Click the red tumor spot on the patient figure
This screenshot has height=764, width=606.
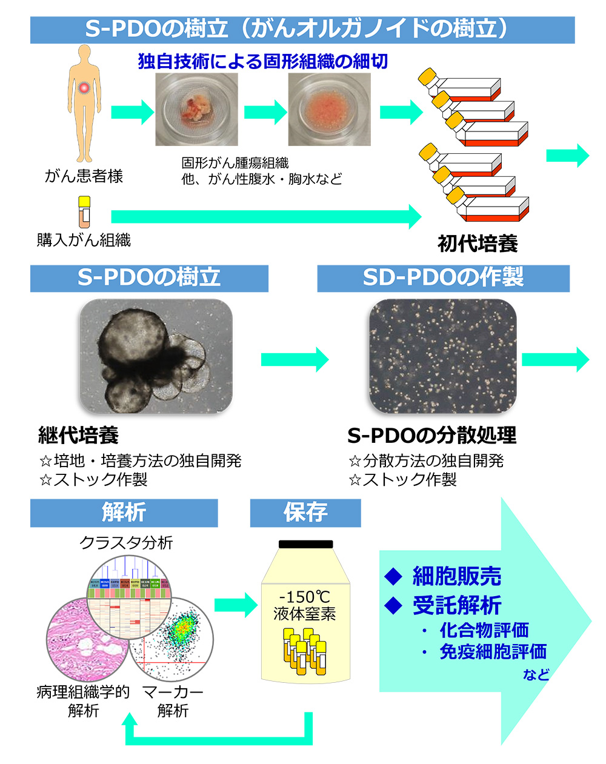(x=84, y=88)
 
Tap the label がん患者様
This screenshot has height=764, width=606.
(x=84, y=176)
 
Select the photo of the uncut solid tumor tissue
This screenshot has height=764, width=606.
(x=196, y=110)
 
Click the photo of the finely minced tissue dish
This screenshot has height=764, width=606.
(x=329, y=110)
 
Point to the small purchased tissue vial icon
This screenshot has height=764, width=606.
(x=84, y=210)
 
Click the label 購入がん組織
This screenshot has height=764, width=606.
(x=84, y=241)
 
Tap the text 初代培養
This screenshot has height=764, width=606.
(x=478, y=244)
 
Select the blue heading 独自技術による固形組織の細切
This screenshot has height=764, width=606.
(x=262, y=62)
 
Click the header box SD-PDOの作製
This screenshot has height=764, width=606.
(x=443, y=278)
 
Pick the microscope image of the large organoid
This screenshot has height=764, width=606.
(x=156, y=356)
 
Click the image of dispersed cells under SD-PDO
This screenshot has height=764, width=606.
(x=443, y=356)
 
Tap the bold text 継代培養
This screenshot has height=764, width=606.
(x=78, y=435)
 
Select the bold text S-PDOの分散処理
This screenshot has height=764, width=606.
(x=431, y=435)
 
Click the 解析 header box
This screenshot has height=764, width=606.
(x=124, y=513)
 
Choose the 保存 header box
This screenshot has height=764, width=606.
(x=305, y=513)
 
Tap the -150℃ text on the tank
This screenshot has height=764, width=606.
(x=305, y=597)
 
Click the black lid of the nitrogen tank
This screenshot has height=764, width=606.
(x=305, y=544)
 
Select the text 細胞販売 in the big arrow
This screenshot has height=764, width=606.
(x=457, y=576)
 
